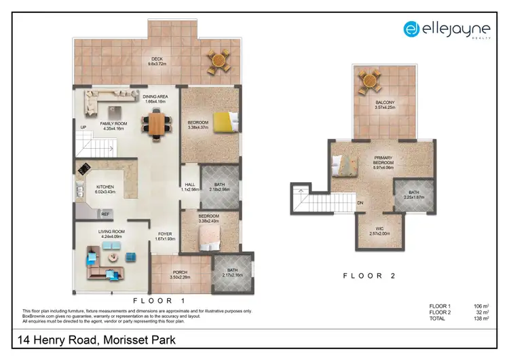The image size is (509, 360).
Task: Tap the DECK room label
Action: [x=157, y=59]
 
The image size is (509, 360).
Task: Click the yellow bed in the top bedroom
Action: [x=225, y=122]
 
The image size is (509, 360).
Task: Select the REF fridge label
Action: [x=105, y=214]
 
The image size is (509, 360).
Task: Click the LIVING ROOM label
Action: [x=111, y=232]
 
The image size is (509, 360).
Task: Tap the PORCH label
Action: [x=180, y=272]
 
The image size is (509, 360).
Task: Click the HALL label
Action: [x=190, y=185]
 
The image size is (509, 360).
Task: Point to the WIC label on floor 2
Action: [x=379, y=228]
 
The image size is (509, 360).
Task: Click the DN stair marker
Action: [x=360, y=202]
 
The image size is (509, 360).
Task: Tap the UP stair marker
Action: [x=83, y=127]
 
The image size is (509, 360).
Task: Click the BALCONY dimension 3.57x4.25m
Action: [x=385, y=107]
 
